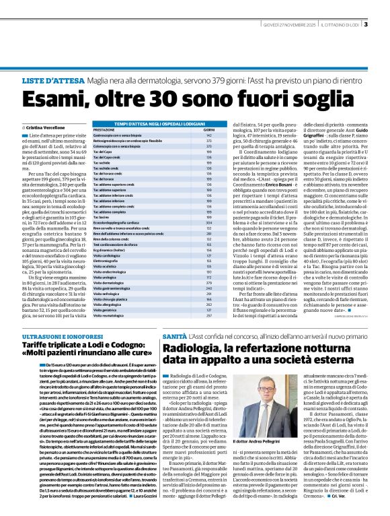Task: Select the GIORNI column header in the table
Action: pyautogui.click(x=209, y=129)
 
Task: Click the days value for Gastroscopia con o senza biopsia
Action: pyautogui.click(x=209, y=135)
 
